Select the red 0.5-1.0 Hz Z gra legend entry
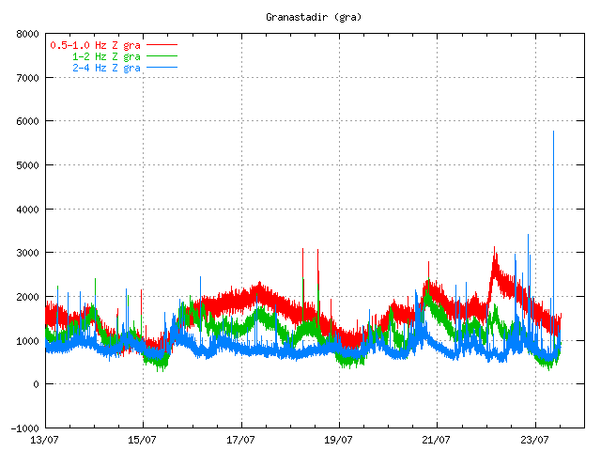95,45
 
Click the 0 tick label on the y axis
34,384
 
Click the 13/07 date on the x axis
45,439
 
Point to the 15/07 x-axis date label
143,439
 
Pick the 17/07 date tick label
241,439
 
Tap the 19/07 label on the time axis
339,439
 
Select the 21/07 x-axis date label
437,439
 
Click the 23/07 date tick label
535,439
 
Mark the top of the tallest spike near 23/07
553,132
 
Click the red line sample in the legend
162,45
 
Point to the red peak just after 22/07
495,248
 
